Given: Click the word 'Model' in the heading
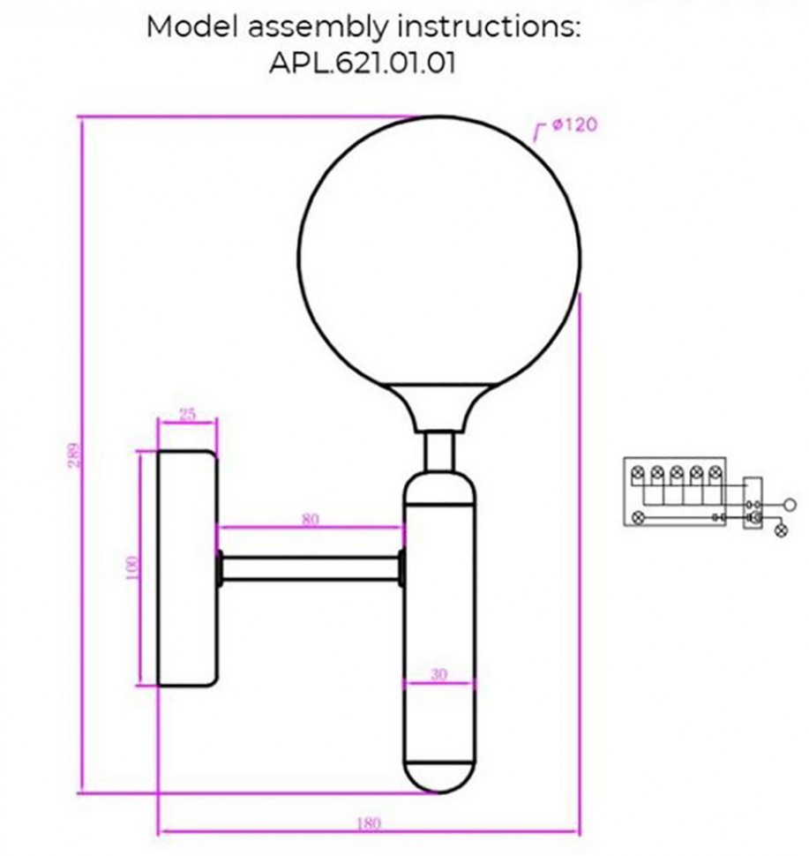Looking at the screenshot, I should (193, 26).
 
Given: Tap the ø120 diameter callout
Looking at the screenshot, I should (573, 125).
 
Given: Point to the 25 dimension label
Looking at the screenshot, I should (187, 413).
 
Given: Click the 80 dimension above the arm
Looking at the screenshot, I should (311, 520).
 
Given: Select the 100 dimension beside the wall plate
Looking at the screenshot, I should (131, 567).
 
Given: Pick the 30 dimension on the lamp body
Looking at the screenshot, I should (438, 674).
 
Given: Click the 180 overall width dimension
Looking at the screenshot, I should (369, 823).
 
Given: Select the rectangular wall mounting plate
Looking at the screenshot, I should (187, 569).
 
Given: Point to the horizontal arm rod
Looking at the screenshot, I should (311, 568).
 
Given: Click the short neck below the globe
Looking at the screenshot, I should (438, 451).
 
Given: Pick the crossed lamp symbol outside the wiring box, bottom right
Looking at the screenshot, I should (780, 530).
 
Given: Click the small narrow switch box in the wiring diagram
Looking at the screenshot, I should (753, 503).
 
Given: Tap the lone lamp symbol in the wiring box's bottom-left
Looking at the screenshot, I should (636, 518).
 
